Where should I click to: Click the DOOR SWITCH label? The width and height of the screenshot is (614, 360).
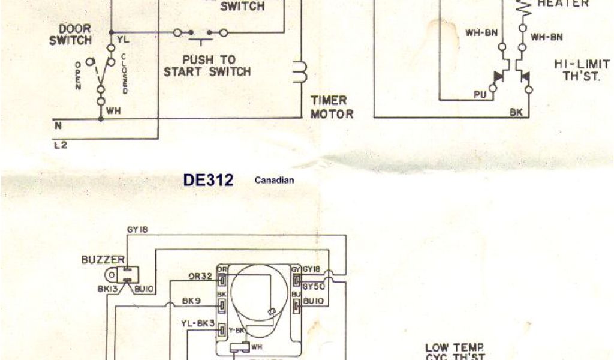pyautogui.click(x=75, y=35)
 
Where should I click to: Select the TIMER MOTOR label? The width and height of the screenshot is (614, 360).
pyautogui.click(x=332, y=107)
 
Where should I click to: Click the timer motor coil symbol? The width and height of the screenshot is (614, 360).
pyautogui.click(x=299, y=71)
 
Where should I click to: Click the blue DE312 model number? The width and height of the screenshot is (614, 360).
pyautogui.click(x=208, y=180)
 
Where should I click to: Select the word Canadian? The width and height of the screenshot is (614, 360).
pyautogui.click(x=274, y=180)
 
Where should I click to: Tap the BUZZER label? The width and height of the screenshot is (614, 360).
pyautogui.click(x=103, y=260)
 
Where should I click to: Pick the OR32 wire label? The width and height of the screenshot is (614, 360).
pyautogui.click(x=200, y=277)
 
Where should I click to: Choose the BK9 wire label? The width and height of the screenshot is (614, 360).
pyautogui.click(x=193, y=302)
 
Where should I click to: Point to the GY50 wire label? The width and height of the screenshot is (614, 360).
pyautogui.click(x=314, y=287)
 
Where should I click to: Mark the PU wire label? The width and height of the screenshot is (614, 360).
pyautogui.click(x=480, y=94)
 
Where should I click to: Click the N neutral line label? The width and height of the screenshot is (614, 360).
pyautogui.click(x=58, y=127)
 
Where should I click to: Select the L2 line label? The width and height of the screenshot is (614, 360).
pyautogui.click(x=59, y=145)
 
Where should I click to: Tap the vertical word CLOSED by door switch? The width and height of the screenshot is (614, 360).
pyautogui.click(x=124, y=73)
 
